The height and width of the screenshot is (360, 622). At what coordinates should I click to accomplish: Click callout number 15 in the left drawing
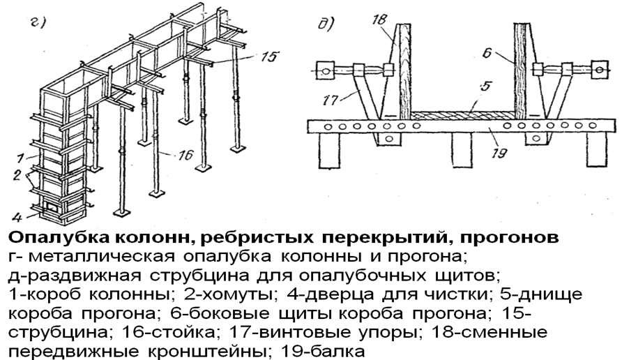(269, 57)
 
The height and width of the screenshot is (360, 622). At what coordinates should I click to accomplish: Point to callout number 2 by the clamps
(16, 175)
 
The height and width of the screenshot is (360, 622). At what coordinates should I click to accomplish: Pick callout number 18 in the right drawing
(379, 19)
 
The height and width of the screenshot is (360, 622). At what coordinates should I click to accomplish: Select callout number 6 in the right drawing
(487, 53)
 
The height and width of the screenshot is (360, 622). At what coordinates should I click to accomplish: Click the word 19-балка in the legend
(322, 352)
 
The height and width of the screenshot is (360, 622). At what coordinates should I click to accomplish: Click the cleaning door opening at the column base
(51, 207)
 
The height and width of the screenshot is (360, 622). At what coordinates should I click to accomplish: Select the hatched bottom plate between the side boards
(462, 115)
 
